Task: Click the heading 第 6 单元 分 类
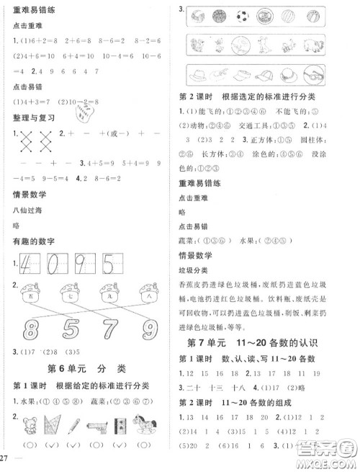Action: [86, 370]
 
